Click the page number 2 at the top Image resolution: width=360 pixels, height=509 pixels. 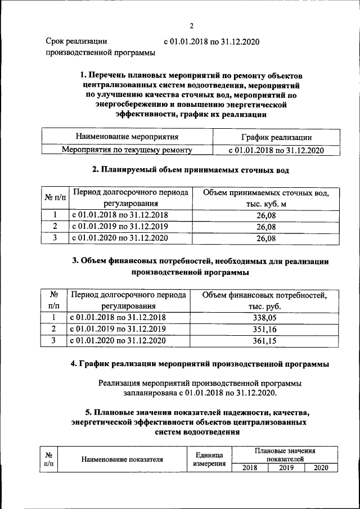(x=191, y=26)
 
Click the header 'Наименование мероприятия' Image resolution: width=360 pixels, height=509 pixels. (x=127, y=137)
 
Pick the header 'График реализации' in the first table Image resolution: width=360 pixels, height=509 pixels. (x=276, y=137)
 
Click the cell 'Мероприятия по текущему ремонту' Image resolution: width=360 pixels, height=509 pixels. (x=127, y=150)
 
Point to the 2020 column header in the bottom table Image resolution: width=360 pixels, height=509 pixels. (x=321, y=467)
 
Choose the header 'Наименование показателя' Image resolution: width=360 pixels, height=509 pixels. (x=122, y=460)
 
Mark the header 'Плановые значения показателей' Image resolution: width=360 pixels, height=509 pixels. (x=285, y=455)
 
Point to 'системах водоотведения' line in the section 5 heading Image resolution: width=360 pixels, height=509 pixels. (x=196, y=432)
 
